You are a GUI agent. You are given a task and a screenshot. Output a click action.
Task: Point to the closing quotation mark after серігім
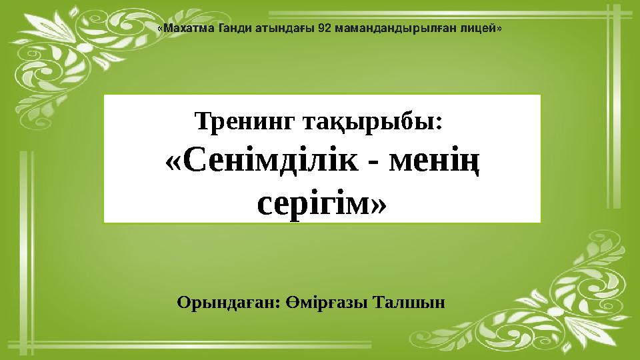[377, 201]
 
